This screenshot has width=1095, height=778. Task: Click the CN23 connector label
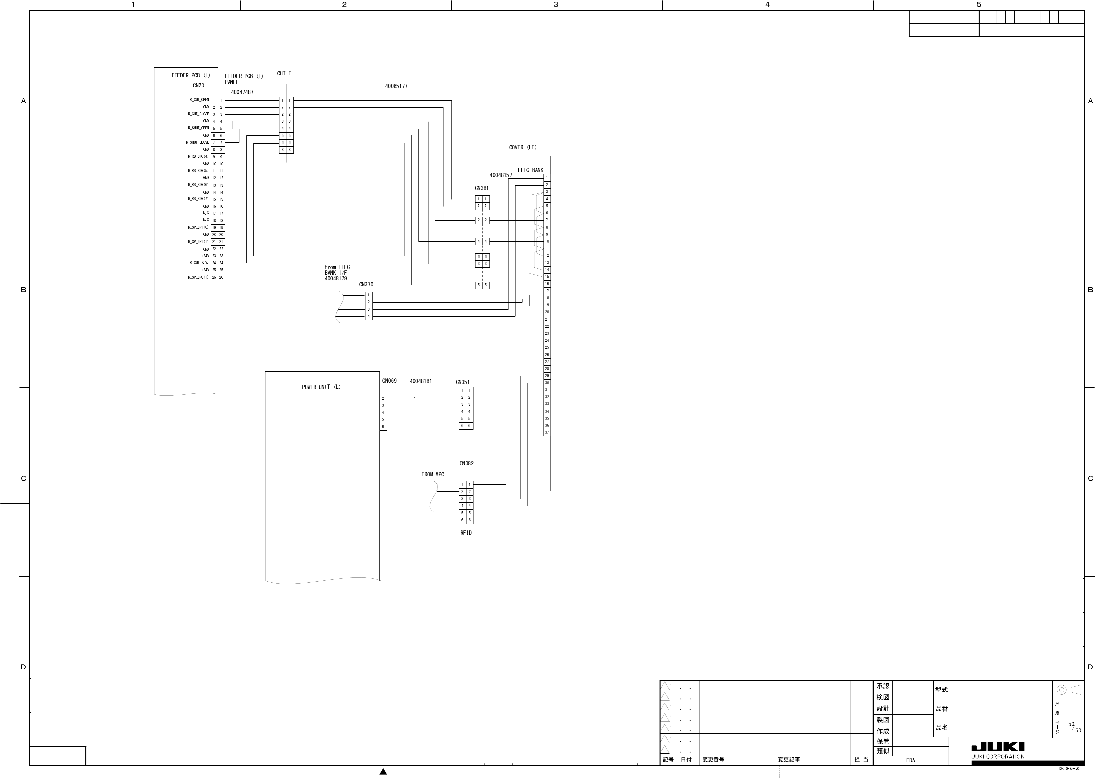point(198,86)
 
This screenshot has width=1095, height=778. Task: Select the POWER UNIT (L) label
point(321,387)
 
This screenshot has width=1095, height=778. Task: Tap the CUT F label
point(284,74)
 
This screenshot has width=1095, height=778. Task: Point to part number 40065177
point(396,86)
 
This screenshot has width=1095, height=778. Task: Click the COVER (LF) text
point(522,148)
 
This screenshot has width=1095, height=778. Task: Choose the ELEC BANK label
point(530,170)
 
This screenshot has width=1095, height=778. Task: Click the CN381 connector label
point(481,188)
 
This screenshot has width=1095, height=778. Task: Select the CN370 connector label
point(366,285)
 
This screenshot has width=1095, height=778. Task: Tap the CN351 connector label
point(462,382)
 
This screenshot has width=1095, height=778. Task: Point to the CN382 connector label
point(466,463)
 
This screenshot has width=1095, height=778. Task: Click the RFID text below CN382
point(466,533)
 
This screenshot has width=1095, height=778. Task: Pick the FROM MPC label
point(433,474)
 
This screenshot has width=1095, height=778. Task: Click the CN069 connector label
point(389,381)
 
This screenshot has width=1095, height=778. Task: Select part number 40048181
point(421,381)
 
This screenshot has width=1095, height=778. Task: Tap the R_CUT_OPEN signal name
point(199,100)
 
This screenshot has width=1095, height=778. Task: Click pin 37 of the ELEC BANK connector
point(547,433)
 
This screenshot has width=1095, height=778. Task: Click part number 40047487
point(242,92)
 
